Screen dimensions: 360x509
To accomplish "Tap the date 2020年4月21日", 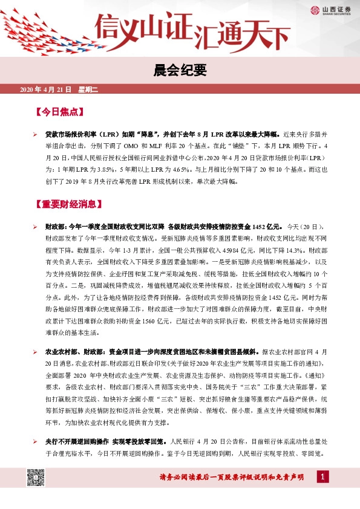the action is (x=46, y=89).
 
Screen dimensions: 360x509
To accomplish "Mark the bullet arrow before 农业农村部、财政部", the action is (x=36, y=351).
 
